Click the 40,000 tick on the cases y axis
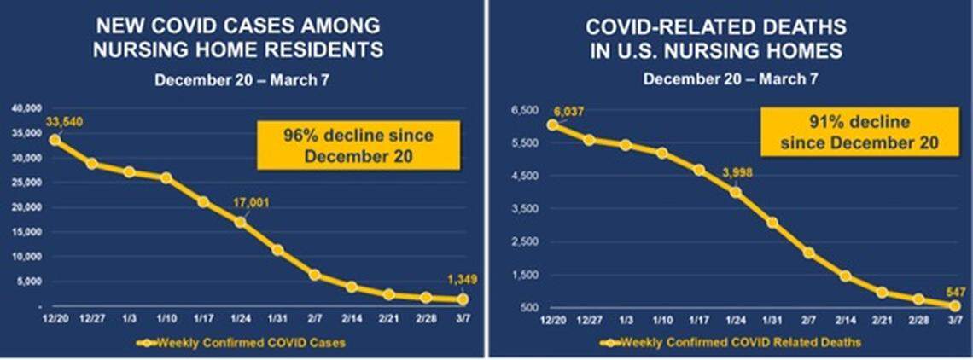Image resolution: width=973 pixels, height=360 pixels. (x=26, y=108)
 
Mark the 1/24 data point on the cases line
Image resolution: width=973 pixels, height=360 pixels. (x=241, y=222)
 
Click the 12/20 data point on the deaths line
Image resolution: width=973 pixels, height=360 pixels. (x=552, y=125)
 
